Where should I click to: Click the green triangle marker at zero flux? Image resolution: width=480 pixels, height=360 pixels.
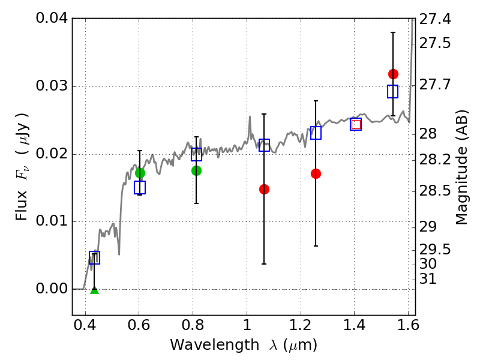95,290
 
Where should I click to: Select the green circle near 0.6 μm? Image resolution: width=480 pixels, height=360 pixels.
140,173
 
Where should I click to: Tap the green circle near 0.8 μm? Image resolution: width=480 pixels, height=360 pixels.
197,171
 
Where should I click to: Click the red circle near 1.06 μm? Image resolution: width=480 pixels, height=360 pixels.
264,190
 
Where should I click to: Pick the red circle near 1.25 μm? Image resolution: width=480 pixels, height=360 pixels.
316,174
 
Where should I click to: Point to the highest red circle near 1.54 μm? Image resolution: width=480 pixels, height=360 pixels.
393,74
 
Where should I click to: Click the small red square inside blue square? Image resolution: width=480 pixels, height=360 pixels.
356,125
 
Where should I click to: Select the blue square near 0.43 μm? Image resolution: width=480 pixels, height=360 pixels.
95,258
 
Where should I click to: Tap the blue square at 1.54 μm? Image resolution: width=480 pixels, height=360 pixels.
393,92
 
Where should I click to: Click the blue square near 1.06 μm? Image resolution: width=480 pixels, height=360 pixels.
264,145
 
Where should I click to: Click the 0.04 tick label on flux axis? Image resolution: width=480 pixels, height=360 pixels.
52,18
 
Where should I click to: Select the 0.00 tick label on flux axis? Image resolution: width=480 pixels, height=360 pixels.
52,289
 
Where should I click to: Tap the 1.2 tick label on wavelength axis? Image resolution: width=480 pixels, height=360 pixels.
301,325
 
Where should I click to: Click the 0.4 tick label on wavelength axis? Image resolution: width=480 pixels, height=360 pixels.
85,325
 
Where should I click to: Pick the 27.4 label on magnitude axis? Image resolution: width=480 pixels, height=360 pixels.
434,19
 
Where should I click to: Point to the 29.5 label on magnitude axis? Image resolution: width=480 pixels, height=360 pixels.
434,250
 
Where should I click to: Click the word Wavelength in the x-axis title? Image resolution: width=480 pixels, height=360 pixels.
215,345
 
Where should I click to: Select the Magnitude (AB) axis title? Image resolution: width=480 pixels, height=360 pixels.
461,167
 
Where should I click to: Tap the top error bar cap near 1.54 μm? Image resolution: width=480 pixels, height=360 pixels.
393,32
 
